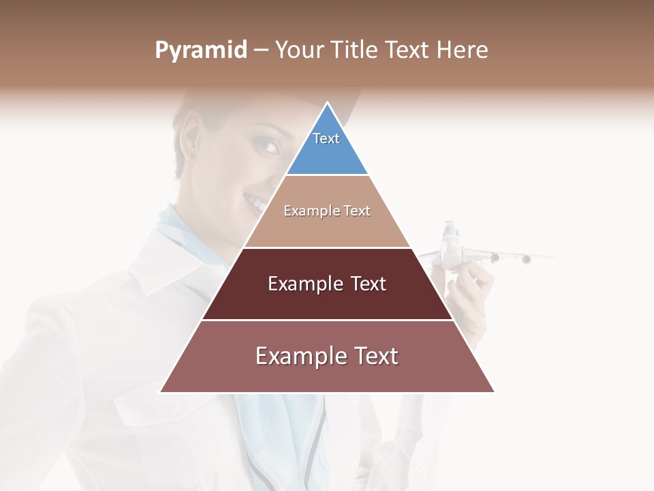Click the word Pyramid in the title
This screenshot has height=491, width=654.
coord(201,50)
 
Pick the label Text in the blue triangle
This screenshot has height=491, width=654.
coord(326,138)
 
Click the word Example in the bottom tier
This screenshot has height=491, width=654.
coord(298,356)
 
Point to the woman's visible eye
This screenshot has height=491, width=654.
coord(268,145)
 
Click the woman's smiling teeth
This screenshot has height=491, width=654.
coord(256,203)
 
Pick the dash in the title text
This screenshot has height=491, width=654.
coord(260,50)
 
